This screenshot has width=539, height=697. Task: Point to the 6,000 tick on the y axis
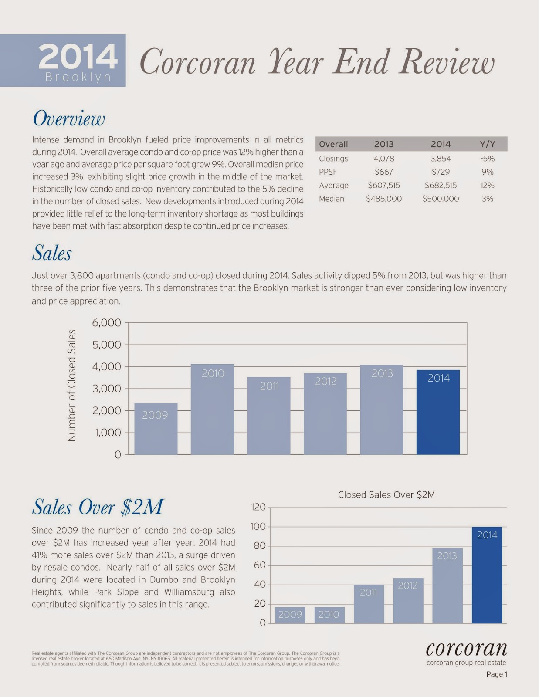coord(106,323)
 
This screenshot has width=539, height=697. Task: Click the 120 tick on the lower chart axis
coord(258,507)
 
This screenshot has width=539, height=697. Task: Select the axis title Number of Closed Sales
coord(72,385)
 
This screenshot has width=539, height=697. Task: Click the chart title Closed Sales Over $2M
coord(386,495)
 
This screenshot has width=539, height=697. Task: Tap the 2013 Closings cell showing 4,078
coord(383,159)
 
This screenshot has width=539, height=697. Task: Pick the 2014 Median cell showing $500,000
coord(441,199)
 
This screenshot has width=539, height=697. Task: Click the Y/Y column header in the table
coord(487,144)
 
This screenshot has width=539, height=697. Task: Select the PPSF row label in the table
coord(328,172)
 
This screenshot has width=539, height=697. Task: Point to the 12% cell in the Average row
coord(487,185)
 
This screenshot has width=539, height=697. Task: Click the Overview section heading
coord(69,118)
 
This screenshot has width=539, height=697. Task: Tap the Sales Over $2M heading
coord(98,507)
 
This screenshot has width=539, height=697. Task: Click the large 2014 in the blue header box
coord(78,57)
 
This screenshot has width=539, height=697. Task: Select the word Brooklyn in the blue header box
coord(78,77)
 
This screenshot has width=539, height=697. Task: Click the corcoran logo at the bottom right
coord(466,649)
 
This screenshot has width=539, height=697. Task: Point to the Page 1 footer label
coord(497,674)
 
